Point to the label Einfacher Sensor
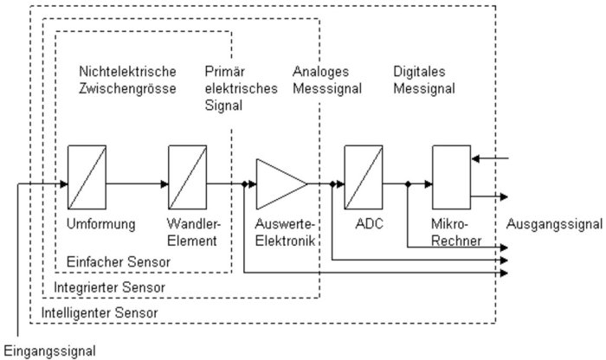[x=119, y=261]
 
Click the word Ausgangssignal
[x=554, y=223]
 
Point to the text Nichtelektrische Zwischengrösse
[x=127, y=80]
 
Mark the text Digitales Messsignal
[x=423, y=80]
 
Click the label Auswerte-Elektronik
[x=286, y=232]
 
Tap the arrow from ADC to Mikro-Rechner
[x=407, y=183]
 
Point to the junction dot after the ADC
[x=407, y=183]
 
